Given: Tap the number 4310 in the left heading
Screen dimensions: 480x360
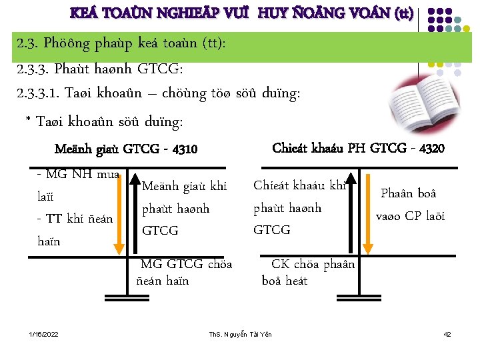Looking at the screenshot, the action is [183, 149].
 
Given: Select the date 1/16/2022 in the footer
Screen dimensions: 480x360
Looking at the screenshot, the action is [43, 333].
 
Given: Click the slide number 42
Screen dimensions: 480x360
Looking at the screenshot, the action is [447, 333].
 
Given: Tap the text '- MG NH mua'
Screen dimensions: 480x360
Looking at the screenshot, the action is [78, 175].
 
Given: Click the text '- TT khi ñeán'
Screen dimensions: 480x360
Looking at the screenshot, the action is [75, 218].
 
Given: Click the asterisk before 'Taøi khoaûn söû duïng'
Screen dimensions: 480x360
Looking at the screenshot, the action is [28, 121].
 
